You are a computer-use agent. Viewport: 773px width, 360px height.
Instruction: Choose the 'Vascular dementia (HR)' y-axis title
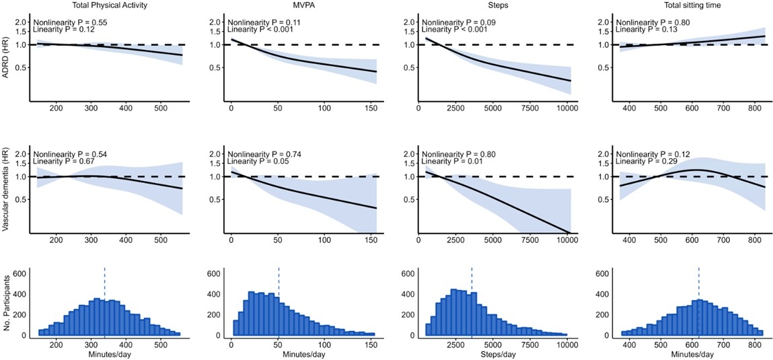coord(6,188)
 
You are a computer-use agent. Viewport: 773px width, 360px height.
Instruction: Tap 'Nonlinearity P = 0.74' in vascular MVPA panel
coord(264,153)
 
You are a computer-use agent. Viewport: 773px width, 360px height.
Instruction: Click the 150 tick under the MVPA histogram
coord(370,345)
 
